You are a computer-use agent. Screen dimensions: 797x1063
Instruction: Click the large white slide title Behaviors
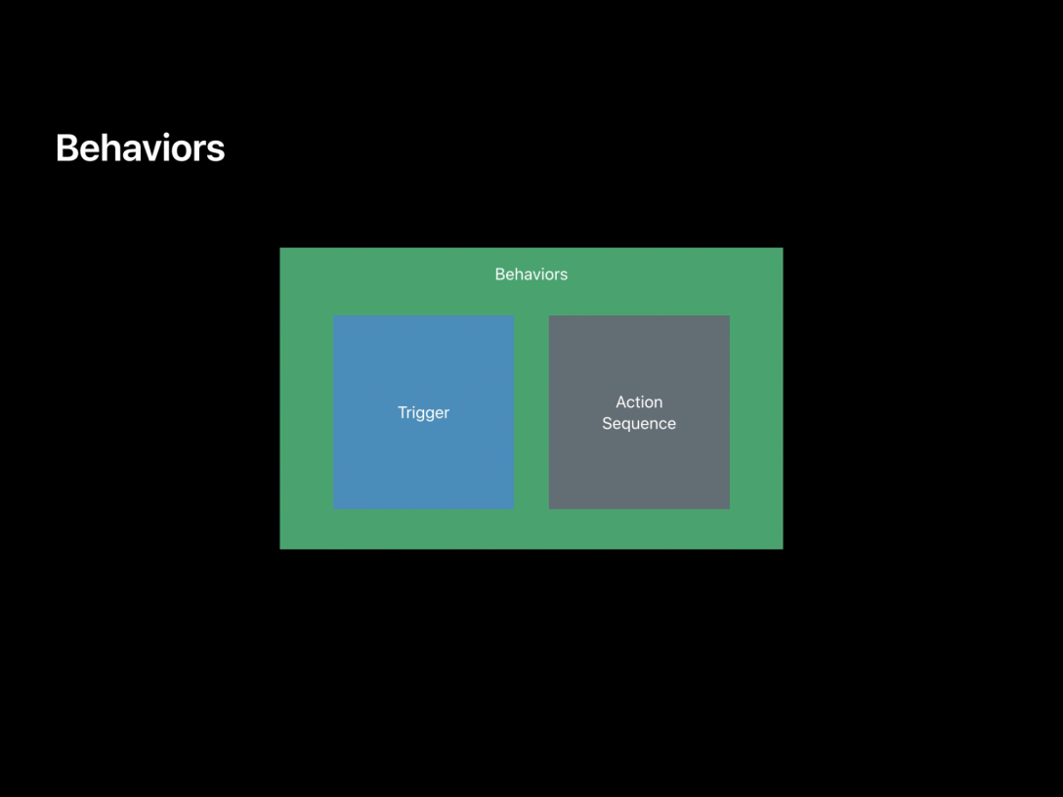point(140,148)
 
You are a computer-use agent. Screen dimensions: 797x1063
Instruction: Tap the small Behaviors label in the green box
point(531,274)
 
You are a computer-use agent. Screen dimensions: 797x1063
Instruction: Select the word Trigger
point(423,413)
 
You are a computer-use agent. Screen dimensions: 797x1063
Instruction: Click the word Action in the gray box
point(639,402)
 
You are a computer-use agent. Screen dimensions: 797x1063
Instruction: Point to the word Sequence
point(639,424)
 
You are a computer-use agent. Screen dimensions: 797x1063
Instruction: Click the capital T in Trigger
point(403,413)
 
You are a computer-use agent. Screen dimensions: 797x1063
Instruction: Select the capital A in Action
point(621,402)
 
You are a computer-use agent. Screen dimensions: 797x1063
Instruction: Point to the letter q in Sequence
point(630,425)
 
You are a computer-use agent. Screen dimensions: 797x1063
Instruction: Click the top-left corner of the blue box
point(334,316)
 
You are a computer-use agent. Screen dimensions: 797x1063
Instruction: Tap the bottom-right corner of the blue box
point(513,508)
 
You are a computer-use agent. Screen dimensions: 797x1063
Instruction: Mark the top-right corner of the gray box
point(728,316)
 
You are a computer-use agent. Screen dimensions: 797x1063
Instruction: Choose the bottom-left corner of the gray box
point(550,508)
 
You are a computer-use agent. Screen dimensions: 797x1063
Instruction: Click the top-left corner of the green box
point(281,249)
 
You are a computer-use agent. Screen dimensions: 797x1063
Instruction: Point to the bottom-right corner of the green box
point(782,548)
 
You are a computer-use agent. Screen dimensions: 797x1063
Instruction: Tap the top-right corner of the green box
point(782,249)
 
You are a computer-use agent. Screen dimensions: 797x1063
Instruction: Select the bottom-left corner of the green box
point(281,548)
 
